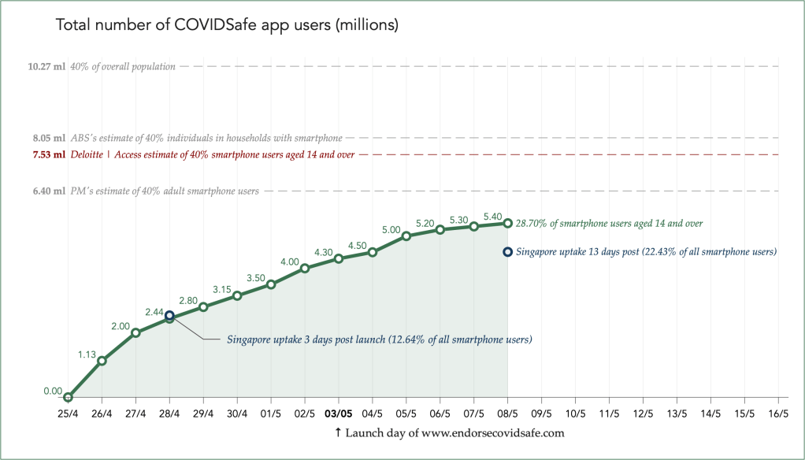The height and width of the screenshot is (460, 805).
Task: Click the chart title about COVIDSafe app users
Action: tap(227, 25)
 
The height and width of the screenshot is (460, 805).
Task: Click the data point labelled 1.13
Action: tap(102, 360)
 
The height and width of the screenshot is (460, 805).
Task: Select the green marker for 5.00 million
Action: tap(406, 236)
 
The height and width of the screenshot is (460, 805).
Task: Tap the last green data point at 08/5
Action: tap(508, 223)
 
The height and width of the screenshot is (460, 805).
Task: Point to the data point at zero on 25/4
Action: tap(69, 398)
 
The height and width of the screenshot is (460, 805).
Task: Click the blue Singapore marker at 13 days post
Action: tap(508, 252)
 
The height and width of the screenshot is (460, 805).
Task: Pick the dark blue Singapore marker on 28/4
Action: tap(169, 315)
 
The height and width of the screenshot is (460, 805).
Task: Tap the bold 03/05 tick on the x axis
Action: tap(339, 413)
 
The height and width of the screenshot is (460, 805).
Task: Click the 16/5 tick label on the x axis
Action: tap(778, 413)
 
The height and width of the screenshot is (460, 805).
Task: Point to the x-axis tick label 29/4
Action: tap(203, 413)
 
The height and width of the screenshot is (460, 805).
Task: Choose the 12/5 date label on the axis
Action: tap(643, 413)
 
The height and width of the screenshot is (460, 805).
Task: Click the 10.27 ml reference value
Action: tap(46, 67)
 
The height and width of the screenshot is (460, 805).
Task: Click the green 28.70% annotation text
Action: tap(609, 224)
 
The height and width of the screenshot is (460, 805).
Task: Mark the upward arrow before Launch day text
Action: tap(338, 432)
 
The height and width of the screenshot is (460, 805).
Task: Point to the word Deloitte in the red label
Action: tap(89, 154)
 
